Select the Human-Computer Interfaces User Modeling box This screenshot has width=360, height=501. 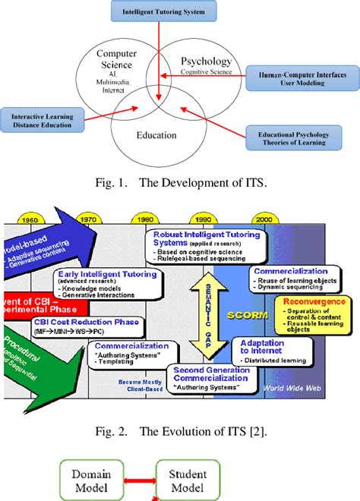tap(291, 78)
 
